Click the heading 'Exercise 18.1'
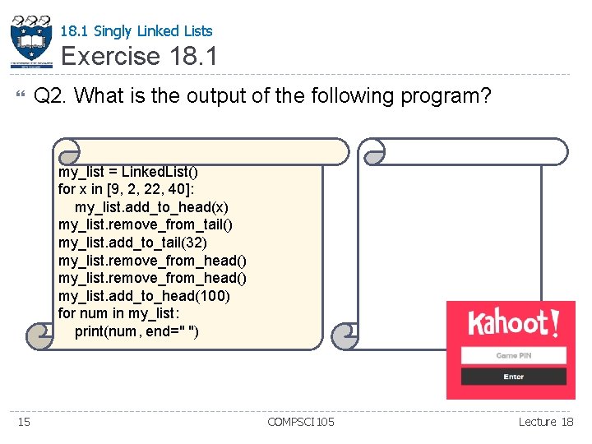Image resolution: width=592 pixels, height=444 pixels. [x=139, y=57]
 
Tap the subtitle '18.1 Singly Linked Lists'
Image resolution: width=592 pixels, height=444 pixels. [x=136, y=31]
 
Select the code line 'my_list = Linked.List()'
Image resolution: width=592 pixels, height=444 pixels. [x=128, y=172]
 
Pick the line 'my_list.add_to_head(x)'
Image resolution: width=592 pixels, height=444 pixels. [x=151, y=206]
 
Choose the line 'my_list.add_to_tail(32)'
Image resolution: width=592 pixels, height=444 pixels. [x=132, y=243]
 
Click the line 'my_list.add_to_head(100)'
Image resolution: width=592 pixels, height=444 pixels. [x=144, y=295]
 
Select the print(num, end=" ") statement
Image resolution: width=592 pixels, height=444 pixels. [x=136, y=331]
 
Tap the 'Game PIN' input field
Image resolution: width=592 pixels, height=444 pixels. [x=513, y=355]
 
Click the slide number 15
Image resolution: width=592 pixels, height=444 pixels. [x=24, y=422]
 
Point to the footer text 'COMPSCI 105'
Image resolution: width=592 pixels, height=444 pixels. [x=301, y=422]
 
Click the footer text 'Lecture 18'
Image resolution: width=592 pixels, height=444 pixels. [x=546, y=422]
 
